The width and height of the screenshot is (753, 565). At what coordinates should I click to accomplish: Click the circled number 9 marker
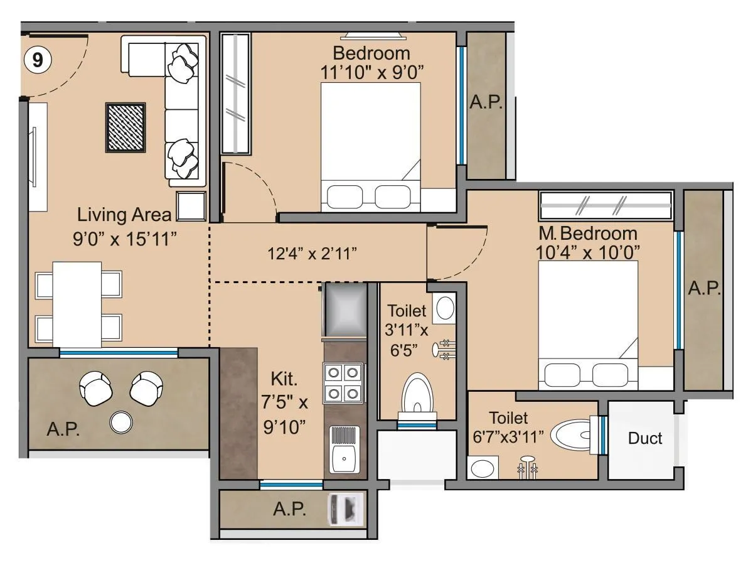(x=38, y=60)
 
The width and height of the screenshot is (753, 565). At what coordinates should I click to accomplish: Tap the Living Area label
(x=124, y=215)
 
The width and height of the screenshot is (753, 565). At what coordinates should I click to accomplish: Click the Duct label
(x=644, y=438)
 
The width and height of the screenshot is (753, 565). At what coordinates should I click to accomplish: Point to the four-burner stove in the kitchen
(x=344, y=383)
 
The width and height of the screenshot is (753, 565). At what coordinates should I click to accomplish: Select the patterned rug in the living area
(x=125, y=127)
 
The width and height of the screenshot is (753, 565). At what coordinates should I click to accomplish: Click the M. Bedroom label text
(x=588, y=234)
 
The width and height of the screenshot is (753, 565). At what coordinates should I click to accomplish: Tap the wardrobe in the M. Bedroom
(x=606, y=205)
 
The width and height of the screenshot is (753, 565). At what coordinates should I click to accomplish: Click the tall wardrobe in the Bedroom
(x=236, y=94)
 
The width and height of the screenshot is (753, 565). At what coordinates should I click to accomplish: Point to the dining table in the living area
(x=77, y=304)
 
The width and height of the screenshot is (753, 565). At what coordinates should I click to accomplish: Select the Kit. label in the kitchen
(x=284, y=379)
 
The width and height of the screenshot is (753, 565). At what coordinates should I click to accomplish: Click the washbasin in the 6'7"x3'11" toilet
(x=482, y=468)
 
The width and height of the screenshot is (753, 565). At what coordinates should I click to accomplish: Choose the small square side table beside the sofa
(x=191, y=206)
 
